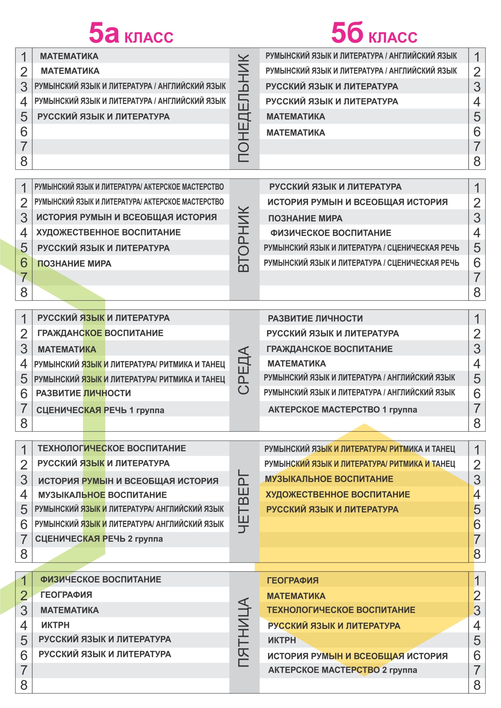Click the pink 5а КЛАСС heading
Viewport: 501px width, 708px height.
coord(131,33)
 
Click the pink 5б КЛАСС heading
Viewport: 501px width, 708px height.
coord(374,33)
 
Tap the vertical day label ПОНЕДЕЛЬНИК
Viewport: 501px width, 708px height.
coord(244,108)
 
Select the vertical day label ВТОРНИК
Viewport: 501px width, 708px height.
coord(244,239)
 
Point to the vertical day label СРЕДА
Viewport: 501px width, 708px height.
coord(244,370)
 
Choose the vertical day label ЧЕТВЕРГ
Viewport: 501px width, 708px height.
coord(244,501)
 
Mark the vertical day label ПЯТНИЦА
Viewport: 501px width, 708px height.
coord(244,632)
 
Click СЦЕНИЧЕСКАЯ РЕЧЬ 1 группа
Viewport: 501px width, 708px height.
coord(100,410)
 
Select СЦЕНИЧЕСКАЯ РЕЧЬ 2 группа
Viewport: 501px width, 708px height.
coord(99,539)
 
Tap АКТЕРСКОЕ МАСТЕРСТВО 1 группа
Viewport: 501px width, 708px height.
coord(342,410)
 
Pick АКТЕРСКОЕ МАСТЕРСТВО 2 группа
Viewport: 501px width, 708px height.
coord(342,670)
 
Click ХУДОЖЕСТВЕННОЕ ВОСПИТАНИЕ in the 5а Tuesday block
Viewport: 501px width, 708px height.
coord(109,232)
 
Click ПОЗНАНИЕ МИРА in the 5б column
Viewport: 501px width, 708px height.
coord(305,218)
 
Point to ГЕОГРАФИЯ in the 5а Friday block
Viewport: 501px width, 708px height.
coord(66,595)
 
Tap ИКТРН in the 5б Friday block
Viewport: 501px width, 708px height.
coord(282,640)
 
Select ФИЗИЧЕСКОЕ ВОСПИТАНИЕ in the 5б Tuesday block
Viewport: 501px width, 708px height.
coord(331,233)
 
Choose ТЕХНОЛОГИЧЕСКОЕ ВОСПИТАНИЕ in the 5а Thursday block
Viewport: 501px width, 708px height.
coord(112,448)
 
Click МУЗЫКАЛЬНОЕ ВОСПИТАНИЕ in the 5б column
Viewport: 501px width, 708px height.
coord(329,479)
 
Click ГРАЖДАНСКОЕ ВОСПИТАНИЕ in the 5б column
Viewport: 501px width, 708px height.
coord(329,349)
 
